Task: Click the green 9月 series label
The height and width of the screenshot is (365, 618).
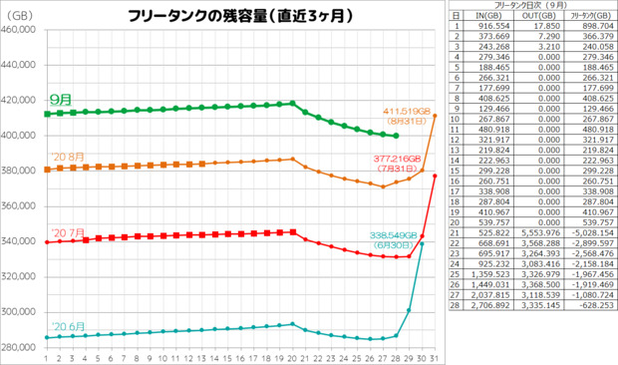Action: (x=60, y=100)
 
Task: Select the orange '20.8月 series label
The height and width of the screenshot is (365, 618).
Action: (x=63, y=157)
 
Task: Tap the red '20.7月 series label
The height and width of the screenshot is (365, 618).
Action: (x=63, y=228)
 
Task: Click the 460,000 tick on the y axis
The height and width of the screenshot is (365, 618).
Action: (x=21, y=30)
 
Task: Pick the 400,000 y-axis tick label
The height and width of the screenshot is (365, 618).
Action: (x=21, y=136)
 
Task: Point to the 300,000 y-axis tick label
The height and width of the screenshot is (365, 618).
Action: (x=21, y=311)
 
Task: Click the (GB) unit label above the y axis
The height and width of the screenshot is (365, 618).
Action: (x=19, y=14)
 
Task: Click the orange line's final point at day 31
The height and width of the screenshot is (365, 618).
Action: (x=435, y=116)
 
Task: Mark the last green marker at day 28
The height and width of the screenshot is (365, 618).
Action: (x=396, y=136)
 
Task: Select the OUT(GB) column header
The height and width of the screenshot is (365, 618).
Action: (x=538, y=17)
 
